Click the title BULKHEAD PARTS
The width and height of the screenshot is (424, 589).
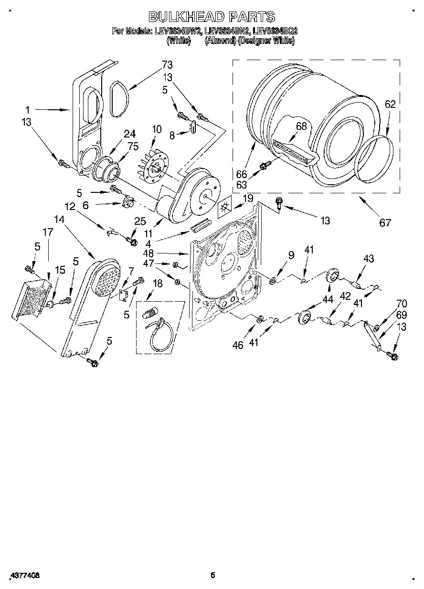(x=212, y=17)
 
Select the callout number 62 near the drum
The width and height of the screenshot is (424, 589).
(x=390, y=104)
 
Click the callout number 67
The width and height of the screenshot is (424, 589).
(x=385, y=222)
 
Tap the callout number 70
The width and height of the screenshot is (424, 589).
(x=401, y=303)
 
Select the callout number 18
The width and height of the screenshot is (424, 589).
(x=157, y=284)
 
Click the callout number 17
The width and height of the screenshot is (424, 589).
(x=48, y=232)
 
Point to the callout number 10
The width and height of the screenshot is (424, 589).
(x=157, y=130)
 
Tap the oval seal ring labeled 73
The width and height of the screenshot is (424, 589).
(x=117, y=99)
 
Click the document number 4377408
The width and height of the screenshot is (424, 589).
(x=23, y=575)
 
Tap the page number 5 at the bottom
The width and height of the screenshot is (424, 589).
(x=213, y=575)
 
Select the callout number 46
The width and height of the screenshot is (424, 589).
(x=237, y=345)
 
